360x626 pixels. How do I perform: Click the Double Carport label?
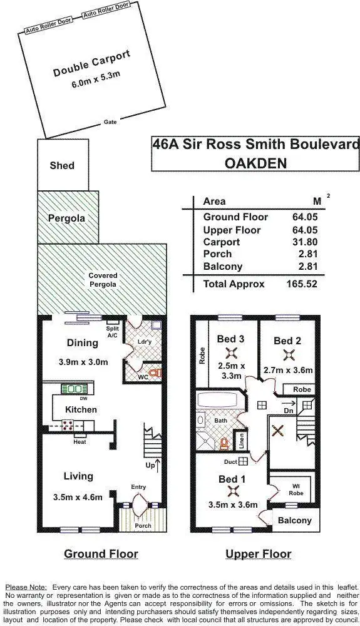[91, 63]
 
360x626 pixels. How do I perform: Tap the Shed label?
[62, 166]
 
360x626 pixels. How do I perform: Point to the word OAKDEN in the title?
[255, 163]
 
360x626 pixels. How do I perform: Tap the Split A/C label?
[113, 332]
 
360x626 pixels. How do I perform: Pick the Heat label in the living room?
[79, 441]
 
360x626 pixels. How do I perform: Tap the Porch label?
[143, 525]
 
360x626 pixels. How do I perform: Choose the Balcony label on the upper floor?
[294, 520]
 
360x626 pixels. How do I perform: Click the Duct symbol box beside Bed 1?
[243, 462]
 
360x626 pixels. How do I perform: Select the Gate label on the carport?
[110, 123]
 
